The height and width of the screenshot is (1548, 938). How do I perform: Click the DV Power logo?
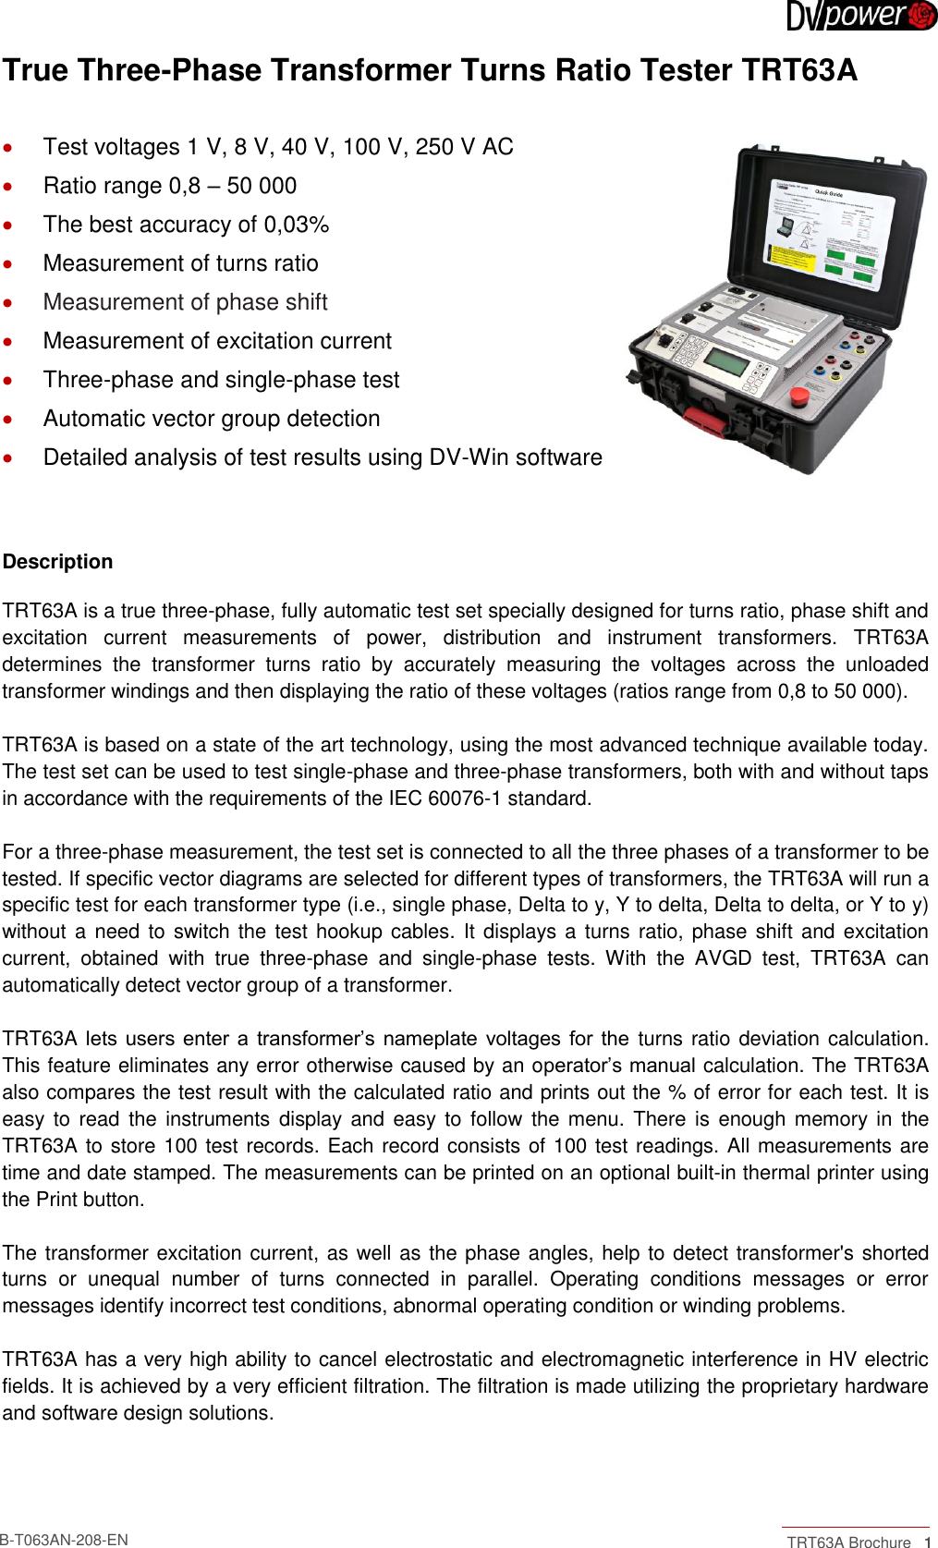861,16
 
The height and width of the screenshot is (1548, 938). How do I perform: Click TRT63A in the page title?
799,70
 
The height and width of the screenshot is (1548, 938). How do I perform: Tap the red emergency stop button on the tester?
799,397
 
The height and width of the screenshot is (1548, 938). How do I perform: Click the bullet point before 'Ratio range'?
8,186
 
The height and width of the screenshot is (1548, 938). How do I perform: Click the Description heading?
57,562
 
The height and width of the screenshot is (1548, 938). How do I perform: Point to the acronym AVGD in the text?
724,958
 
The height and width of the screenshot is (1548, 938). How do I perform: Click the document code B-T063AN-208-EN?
64,1540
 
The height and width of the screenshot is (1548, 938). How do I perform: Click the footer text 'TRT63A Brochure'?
848,1542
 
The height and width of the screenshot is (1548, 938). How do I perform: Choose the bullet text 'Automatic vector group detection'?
212,419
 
